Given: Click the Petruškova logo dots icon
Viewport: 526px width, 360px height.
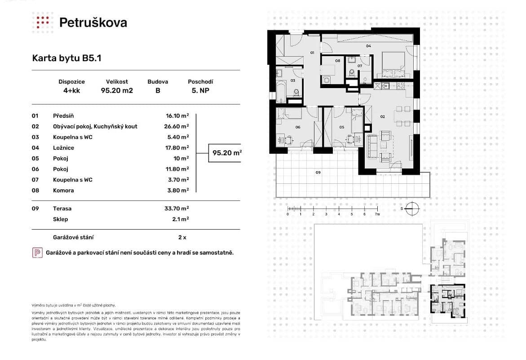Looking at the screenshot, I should coord(43,22).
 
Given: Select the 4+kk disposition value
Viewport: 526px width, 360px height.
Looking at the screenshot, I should coord(71,90).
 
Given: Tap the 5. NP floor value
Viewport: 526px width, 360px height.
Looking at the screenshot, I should coord(200,90).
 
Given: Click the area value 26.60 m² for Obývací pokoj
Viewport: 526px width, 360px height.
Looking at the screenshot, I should coord(177,126).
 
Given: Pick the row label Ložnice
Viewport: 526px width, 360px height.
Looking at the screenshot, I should coord(63,147).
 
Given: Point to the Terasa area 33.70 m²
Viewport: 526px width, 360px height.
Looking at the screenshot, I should coord(177,209).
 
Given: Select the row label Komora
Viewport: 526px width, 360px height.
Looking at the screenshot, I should coord(63,190).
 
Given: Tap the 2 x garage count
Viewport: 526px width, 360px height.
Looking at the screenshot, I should coord(182,237).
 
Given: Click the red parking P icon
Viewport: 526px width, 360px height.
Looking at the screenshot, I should coord(37,253).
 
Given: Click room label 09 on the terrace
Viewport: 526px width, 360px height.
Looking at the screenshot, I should coord(318,172).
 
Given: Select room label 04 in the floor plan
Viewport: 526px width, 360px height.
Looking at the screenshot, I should coord(368,46).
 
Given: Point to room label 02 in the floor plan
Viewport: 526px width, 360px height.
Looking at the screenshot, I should coord(383,116).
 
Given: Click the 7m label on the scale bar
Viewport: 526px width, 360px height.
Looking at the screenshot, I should coord(377,215).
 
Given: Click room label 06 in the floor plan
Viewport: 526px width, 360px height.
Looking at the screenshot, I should coord(298,127).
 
